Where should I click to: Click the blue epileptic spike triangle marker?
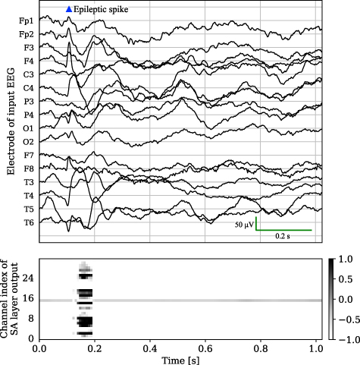pyautogui.click(x=69, y=9)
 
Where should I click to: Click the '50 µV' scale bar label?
pyautogui.click(x=243, y=225)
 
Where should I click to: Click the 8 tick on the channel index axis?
pyautogui.click(x=30, y=319)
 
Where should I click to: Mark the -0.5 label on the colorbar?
pyautogui.click(x=348, y=320)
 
